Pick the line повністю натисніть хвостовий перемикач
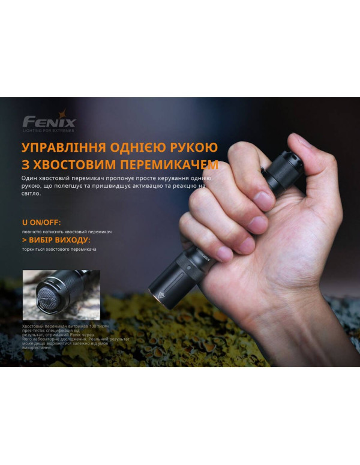coord(67,232)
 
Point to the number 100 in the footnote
coord(92,324)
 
